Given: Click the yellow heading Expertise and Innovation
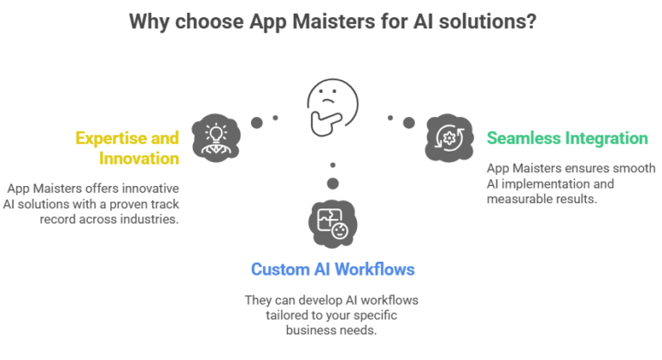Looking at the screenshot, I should (127, 148).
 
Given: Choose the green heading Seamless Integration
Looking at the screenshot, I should (566, 138).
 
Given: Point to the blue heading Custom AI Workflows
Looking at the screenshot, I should (332, 270).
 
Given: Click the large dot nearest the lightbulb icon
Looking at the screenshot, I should (256, 122).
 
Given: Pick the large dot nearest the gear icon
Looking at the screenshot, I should (408, 121).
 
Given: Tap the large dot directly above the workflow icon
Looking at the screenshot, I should (332, 183).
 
